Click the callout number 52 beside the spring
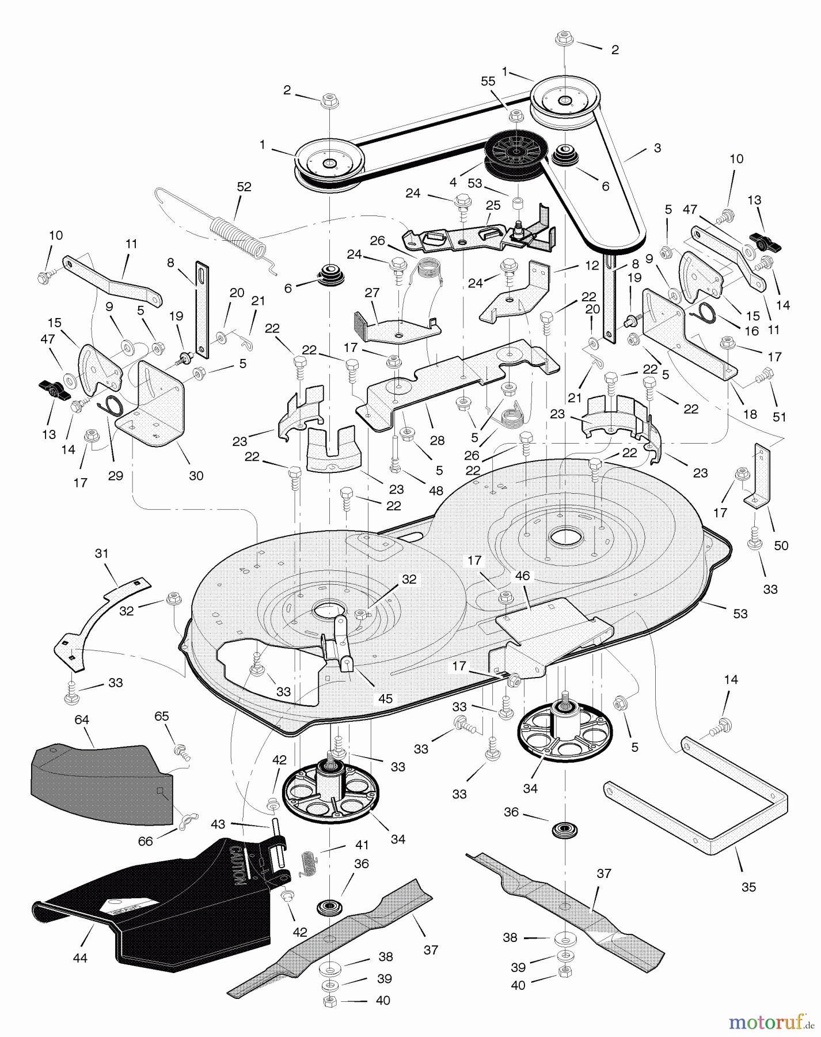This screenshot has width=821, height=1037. click(x=244, y=187)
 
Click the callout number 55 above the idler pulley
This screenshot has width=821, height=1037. click(x=488, y=82)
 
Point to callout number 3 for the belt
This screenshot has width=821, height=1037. click(x=657, y=148)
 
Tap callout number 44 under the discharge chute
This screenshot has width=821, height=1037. click(x=80, y=958)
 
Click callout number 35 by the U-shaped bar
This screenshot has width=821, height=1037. click(x=748, y=887)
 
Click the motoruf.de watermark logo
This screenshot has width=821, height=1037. click(x=771, y=1022)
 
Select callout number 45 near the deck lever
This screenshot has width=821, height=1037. click(x=385, y=698)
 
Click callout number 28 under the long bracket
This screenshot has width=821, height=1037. click(x=437, y=441)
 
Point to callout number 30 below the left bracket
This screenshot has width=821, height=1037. click(x=196, y=475)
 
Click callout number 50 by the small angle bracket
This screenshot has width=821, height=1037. click(x=781, y=545)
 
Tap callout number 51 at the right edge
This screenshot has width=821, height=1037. click(x=779, y=417)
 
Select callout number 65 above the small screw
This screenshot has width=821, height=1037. click(x=162, y=716)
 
